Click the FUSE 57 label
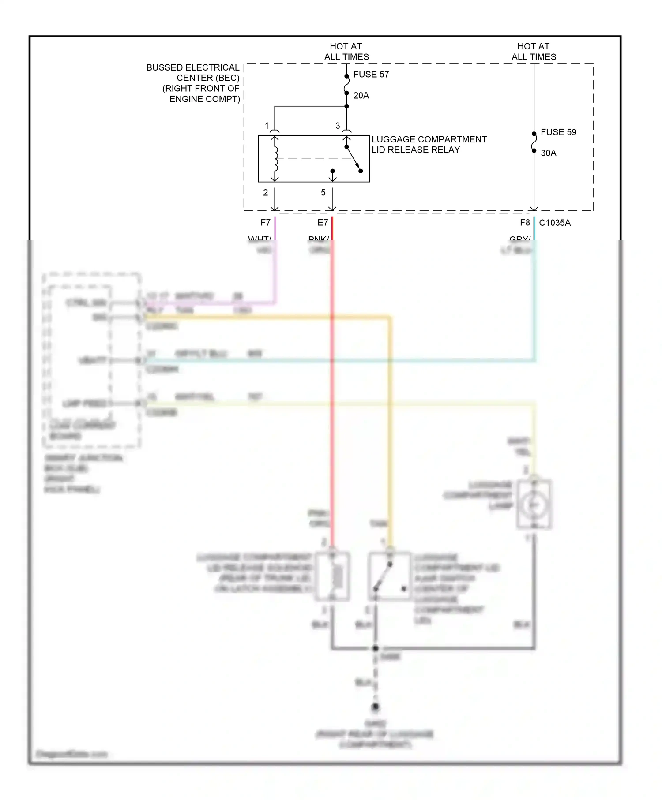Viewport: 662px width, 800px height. click(371, 75)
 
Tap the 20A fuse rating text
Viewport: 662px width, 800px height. click(361, 96)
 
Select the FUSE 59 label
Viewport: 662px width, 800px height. click(558, 132)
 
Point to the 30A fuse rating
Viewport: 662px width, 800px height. click(548, 153)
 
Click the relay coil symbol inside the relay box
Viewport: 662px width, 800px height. click(275, 159)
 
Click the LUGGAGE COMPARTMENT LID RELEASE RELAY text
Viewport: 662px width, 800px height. click(429, 145)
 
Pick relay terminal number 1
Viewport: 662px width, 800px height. click(267, 126)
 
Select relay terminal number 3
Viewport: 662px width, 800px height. click(338, 126)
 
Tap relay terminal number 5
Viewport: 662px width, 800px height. click(323, 193)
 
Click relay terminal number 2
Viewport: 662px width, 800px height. click(265, 193)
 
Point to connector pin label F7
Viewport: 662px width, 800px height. click(265, 223)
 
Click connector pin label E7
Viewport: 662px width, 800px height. click(323, 223)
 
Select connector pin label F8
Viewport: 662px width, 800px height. click(524, 223)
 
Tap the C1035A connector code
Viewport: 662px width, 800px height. click(554, 223)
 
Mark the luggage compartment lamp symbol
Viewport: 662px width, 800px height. click(534, 505)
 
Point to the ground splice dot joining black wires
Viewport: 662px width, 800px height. click(375, 648)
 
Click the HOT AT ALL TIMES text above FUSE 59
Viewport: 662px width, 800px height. click(533, 52)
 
